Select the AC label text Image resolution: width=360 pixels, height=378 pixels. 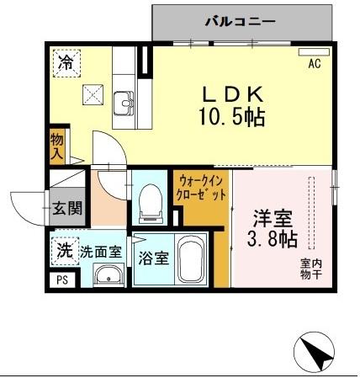point(315,64)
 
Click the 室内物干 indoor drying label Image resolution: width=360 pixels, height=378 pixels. point(310,269)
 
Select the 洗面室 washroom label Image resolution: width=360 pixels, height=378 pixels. point(101,251)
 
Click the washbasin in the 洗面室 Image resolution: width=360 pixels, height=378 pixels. point(107,275)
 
